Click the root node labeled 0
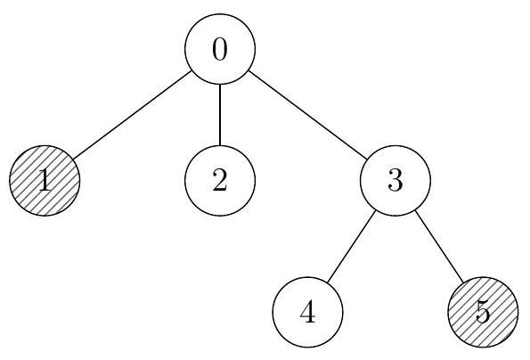220,49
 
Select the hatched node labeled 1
45,181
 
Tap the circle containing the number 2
220,181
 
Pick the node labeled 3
395,181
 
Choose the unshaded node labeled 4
307,312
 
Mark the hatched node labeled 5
483,312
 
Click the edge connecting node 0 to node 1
132,115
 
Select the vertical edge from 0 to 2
220,115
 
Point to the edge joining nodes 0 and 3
307,115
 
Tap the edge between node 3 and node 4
352,246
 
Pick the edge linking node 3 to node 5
439,246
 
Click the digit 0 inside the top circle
220,49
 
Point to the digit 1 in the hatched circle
45,181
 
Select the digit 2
220,181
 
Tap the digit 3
395,181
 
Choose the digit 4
307,312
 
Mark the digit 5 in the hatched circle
483,313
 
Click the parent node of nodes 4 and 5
395,181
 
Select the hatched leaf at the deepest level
483,312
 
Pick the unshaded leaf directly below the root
220,181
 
